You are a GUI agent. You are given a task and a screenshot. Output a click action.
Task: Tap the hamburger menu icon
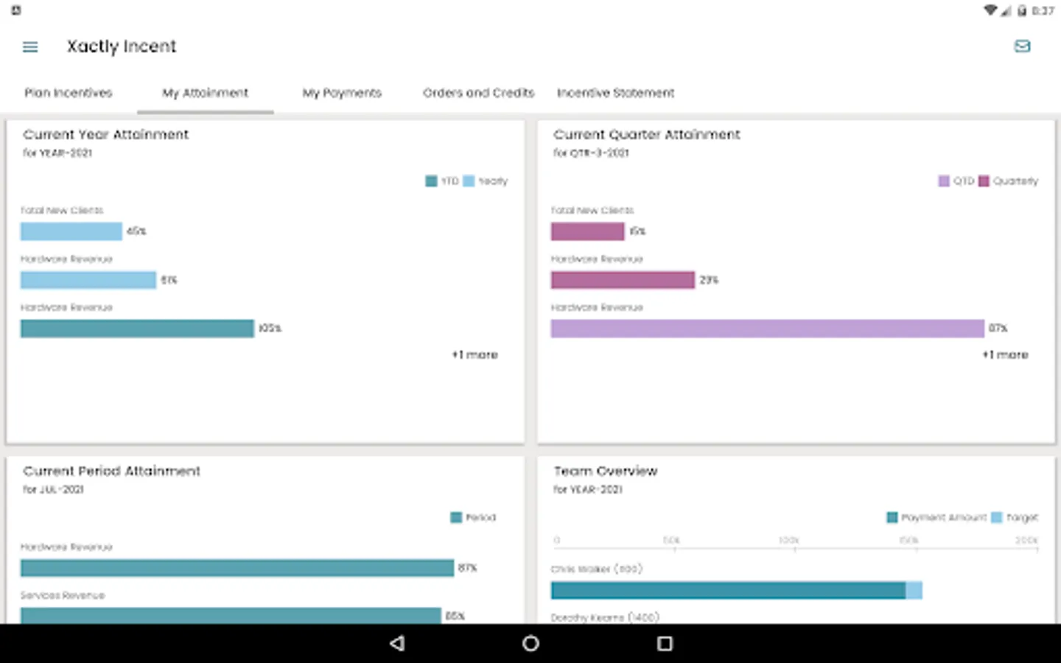(x=30, y=47)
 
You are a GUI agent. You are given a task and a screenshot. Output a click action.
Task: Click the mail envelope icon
(x=1022, y=46)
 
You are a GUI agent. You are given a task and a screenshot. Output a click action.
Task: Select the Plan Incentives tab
(x=69, y=93)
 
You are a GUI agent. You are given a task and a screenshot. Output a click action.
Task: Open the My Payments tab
(x=342, y=93)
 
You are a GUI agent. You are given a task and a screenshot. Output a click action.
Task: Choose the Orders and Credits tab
(x=478, y=93)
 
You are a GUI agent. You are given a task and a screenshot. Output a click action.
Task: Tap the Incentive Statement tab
(x=615, y=93)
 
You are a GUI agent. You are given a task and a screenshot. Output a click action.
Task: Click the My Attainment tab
(x=205, y=93)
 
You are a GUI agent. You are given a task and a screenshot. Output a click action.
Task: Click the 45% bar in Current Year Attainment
(x=71, y=231)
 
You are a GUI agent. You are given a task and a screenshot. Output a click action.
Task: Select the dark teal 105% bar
(x=137, y=329)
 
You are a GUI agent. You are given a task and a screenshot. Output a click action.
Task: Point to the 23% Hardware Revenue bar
(x=623, y=280)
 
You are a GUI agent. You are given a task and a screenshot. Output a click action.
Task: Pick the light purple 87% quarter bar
(x=767, y=329)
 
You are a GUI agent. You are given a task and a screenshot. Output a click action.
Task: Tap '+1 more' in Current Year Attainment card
(x=475, y=355)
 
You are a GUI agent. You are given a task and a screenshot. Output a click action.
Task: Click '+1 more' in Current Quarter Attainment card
(x=1005, y=355)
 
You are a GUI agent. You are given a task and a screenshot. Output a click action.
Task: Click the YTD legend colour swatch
(x=431, y=181)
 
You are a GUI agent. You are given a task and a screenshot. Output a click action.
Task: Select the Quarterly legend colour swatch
(x=984, y=181)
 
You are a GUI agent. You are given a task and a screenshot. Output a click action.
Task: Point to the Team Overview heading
(x=605, y=471)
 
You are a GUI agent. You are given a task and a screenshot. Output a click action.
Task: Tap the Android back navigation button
(x=397, y=643)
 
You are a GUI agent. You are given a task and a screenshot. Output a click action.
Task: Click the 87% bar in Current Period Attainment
(x=237, y=568)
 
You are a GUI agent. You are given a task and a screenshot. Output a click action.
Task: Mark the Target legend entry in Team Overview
(x=1015, y=518)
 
